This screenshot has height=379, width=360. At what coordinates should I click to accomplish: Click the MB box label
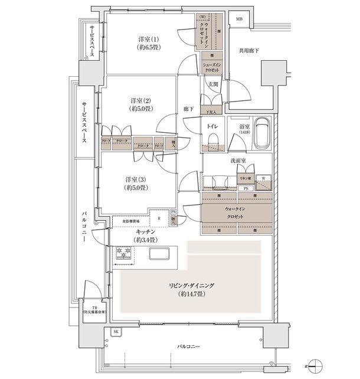pyautogui.click(x=239, y=19)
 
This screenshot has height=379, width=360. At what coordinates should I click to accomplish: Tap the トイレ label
pyautogui.click(x=212, y=125)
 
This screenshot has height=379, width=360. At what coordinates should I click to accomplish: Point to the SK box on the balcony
pyautogui.click(x=115, y=333)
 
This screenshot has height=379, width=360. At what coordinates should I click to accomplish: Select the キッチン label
pyautogui.click(x=145, y=236)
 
